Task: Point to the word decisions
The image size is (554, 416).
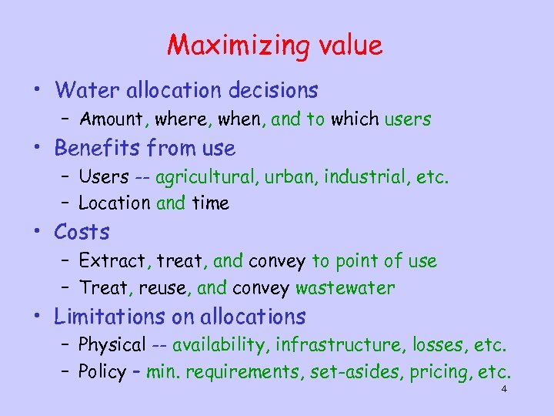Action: [x=273, y=91]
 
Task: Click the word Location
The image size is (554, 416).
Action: [x=114, y=203]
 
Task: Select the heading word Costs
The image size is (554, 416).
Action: [x=82, y=232]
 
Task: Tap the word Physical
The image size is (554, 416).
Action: [x=112, y=345]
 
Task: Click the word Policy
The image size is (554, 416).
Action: [x=102, y=373]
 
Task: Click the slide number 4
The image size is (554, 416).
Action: [x=503, y=390]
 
